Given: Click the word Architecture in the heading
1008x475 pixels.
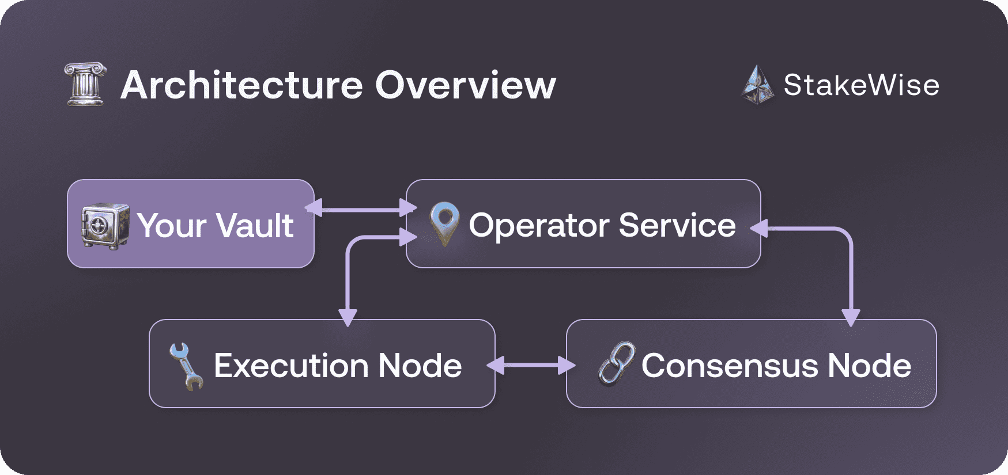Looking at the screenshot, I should point(241,85).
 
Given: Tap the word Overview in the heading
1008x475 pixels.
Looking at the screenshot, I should point(466,85).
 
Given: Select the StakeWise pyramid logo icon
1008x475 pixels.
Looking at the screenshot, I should point(757,85).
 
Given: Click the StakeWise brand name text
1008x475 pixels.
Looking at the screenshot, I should point(861,85).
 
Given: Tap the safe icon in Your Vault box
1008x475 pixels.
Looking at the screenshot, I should point(105,225).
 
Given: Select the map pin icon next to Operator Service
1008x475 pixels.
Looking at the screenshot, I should point(444,223).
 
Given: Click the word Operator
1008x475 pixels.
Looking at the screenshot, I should point(538,225).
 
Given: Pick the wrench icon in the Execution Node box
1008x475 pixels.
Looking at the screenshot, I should point(186,366).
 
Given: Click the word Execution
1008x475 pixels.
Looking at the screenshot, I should point(291,366).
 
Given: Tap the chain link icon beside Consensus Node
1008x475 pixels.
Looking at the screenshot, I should point(617,364).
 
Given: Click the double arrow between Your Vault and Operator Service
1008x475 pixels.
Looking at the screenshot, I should point(360,208).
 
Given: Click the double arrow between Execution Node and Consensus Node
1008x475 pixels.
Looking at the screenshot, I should point(531,365).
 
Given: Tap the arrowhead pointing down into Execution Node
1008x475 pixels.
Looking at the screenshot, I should point(348,317).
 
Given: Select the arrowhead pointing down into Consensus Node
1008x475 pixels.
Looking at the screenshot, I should point(851,317).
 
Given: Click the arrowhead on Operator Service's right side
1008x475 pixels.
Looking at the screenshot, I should point(760,229).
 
